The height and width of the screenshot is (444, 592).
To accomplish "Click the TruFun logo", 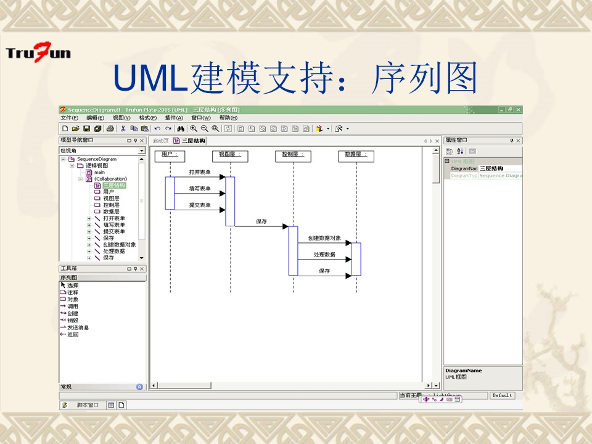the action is [38, 52].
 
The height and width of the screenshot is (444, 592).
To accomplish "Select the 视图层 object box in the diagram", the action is [230, 155].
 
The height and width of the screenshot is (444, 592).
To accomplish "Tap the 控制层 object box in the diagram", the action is [293, 155].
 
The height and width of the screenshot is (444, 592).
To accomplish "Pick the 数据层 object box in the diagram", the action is [356, 155].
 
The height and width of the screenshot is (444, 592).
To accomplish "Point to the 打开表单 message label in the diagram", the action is [199, 172].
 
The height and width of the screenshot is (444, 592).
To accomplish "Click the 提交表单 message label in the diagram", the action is [199, 205].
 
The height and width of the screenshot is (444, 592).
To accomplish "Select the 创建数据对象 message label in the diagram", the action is [324, 238].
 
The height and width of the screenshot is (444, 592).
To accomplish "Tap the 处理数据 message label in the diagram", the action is [324, 254].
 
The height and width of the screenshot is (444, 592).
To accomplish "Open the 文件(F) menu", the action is [69, 118].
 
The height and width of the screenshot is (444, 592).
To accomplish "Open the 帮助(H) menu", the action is [228, 118].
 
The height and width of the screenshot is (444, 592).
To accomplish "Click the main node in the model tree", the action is [99, 172].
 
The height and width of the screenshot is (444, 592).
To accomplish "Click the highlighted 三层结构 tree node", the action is [114, 185].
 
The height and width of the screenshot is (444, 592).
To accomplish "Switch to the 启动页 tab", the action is [160, 141].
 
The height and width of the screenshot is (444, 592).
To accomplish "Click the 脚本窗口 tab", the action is [87, 405].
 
